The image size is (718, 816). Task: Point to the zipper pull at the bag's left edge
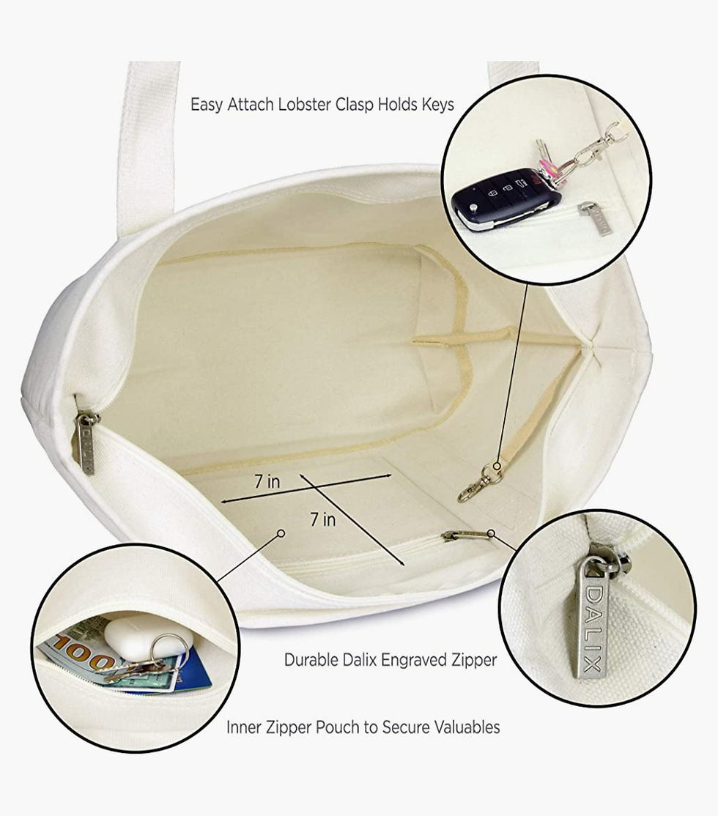pyautogui.click(x=86, y=442)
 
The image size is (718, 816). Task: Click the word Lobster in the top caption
pyautogui.click(x=304, y=105)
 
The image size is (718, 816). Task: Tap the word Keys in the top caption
pyautogui.click(x=437, y=105)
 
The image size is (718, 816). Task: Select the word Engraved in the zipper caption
pyautogui.click(x=415, y=660)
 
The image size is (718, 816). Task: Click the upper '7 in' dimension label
pyautogui.click(x=267, y=481)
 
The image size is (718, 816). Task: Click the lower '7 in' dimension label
pyautogui.click(x=323, y=519)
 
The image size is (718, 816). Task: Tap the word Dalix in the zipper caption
pyautogui.click(x=360, y=660)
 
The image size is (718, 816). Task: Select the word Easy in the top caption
pyautogui.click(x=207, y=105)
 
